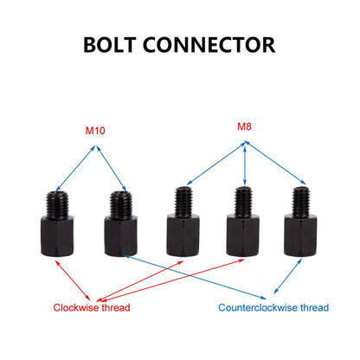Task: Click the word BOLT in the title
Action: click(x=110, y=45)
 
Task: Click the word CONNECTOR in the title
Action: click(x=209, y=45)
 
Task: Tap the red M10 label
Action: click(x=95, y=131)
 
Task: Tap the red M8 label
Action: click(x=244, y=126)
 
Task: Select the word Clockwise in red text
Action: click(x=76, y=307)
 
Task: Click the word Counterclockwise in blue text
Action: click(x=258, y=307)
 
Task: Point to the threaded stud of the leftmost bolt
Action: click(x=57, y=204)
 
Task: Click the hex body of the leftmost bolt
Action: click(x=57, y=235)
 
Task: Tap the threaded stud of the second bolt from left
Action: click(x=121, y=204)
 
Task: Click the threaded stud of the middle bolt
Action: click(x=183, y=201)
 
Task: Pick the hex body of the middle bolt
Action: click(x=183, y=235)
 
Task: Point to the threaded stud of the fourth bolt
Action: click(x=243, y=201)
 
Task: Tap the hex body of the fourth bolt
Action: click(x=243, y=235)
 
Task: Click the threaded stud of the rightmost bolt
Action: click(x=301, y=201)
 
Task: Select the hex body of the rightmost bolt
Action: click(x=300, y=235)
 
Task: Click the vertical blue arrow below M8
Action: click(x=245, y=164)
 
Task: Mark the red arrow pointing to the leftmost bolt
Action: click(x=73, y=280)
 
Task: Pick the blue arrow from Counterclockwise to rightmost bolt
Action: click(x=288, y=276)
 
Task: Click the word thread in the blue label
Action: click(x=314, y=307)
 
